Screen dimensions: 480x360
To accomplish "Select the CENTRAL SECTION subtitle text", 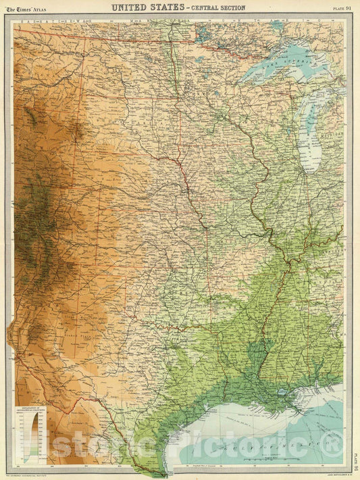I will pyautogui.click(x=217, y=8).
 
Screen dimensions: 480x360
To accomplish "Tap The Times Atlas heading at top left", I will pyautogui.click(x=26, y=8).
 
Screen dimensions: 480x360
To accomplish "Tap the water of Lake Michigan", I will pyautogui.click(x=311, y=135).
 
